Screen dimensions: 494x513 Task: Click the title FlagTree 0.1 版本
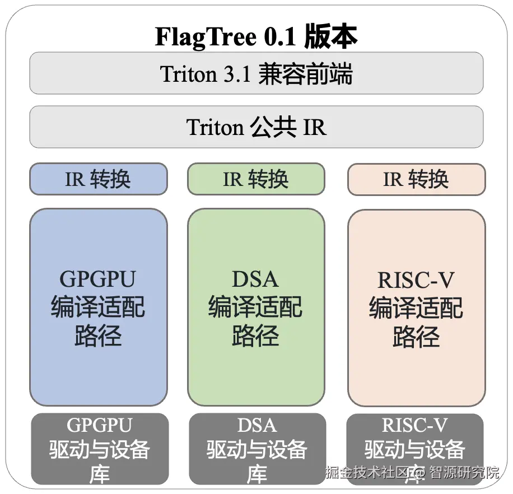point(256,37)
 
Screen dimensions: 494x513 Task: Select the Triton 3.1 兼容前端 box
point(256,73)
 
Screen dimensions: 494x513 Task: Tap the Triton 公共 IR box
point(256,127)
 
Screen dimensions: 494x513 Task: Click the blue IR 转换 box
point(98,179)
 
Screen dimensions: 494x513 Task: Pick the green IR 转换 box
point(256,179)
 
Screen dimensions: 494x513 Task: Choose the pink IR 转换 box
point(416,179)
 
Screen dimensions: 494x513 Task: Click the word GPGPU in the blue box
point(98,279)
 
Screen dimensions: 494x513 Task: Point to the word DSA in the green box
point(255,279)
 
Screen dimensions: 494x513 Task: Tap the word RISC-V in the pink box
point(416,279)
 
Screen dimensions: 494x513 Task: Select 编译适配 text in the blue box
point(98,308)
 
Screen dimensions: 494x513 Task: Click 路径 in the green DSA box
point(255,337)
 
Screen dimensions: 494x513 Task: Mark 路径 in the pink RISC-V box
point(416,337)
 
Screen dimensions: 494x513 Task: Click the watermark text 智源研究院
point(464,472)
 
